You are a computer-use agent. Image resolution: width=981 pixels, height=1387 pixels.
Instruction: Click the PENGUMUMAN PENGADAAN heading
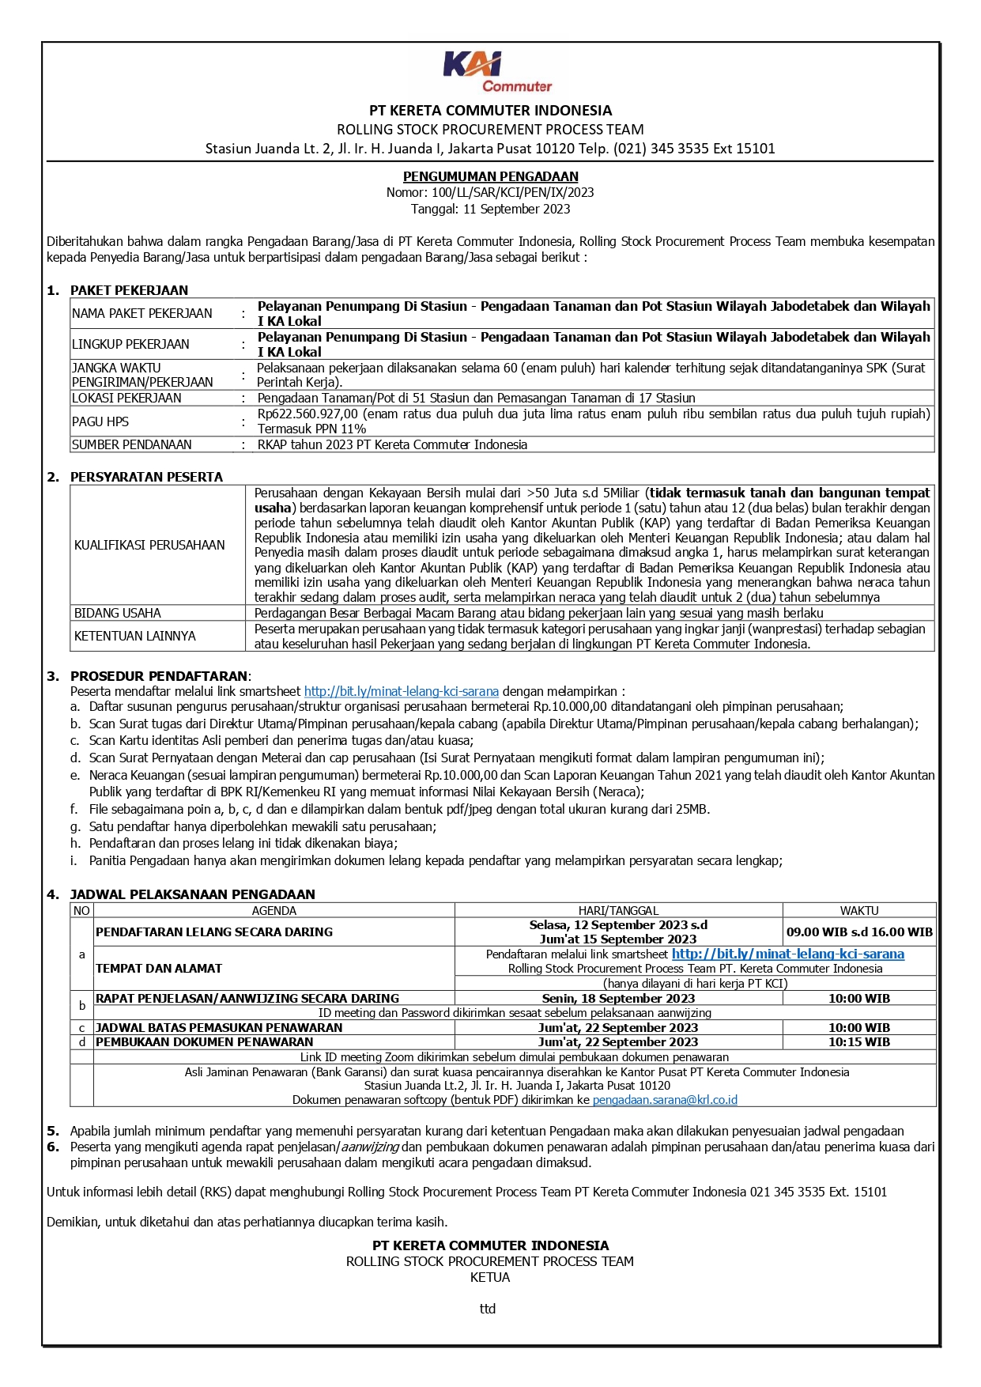tap(490, 176)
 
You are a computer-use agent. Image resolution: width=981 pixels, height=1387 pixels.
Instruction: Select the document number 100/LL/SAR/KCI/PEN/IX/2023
tap(512, 192)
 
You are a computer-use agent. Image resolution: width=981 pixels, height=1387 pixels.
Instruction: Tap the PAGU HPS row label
tap(100, 421)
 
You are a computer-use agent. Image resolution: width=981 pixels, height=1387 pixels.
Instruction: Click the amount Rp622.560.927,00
tap(308, 414)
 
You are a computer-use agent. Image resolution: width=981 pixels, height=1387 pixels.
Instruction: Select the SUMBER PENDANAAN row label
tap(132, 444)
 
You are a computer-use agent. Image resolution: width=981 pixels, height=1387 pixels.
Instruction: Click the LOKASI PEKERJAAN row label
tap(126, 398)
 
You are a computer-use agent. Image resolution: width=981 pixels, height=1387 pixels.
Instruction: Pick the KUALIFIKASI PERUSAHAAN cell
tap(149, 545)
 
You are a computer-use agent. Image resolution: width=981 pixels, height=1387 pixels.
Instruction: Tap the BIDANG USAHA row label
tap(117, 613)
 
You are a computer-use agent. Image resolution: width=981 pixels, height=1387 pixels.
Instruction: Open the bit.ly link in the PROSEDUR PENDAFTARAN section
tap(401, 691)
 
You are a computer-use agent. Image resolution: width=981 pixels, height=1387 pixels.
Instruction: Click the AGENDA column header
tap(274, 910)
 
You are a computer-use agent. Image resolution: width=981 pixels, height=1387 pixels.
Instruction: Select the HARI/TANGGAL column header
tap(618, 910)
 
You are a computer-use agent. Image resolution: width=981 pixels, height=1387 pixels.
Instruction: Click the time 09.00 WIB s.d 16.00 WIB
tap(859, 932)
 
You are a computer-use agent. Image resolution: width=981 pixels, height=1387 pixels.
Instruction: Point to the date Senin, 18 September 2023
tap(618, 998)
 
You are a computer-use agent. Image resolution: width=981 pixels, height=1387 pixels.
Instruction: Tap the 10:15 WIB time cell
tap(859, 1041)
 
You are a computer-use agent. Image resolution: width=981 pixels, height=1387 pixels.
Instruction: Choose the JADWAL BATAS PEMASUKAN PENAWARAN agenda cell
tap(219, 1027)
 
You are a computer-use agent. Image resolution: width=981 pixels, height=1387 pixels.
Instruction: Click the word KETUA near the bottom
tap(490, 1277)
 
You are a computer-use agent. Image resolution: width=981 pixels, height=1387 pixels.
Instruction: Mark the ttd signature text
tap(488, 1309)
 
